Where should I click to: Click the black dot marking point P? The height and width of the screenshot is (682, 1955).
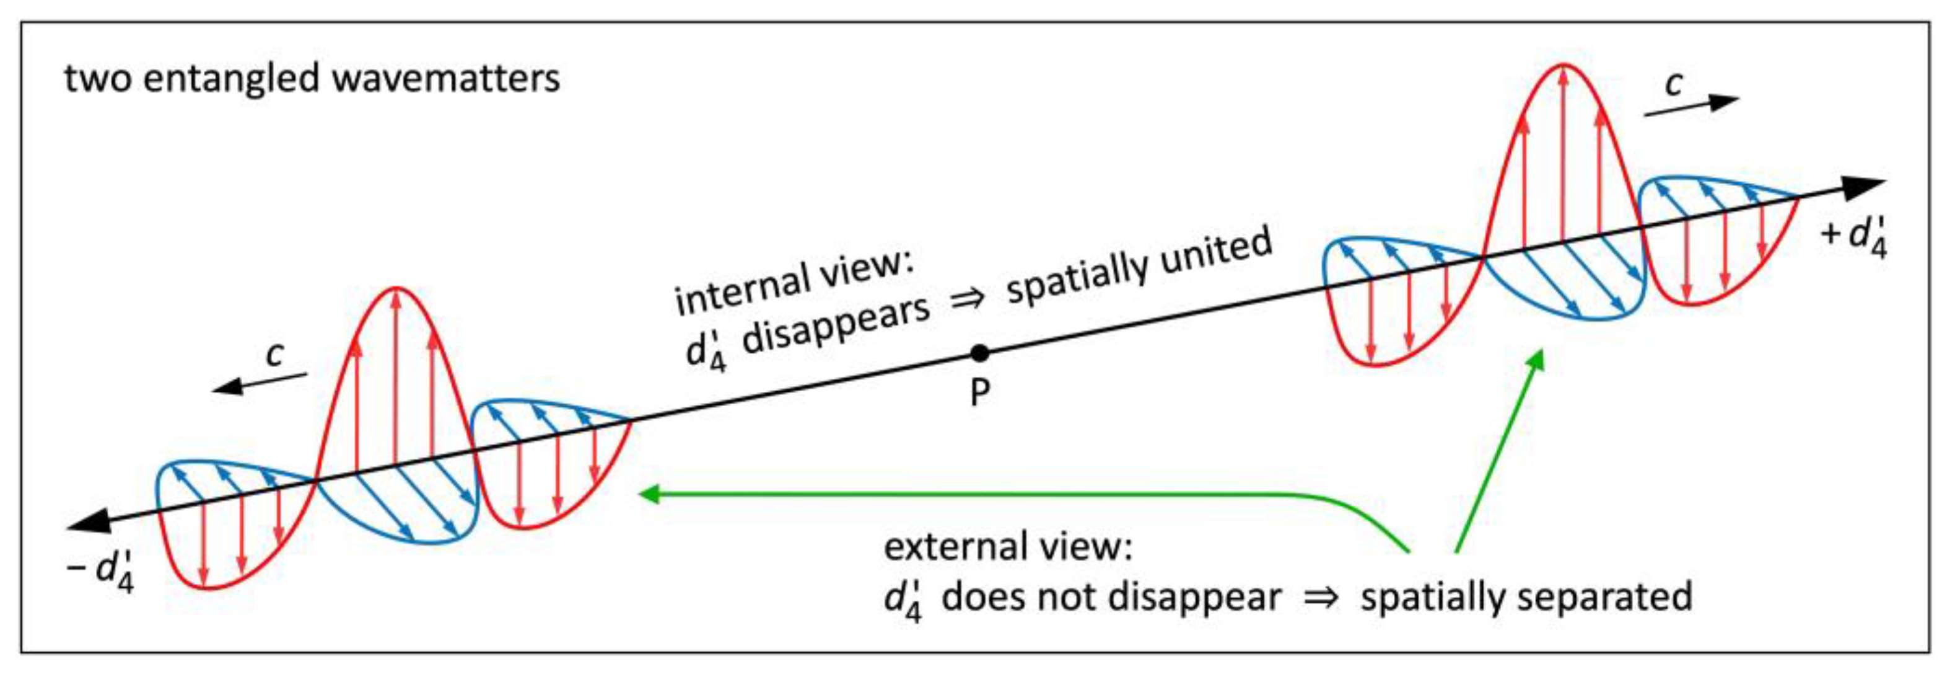(x=980, y=353)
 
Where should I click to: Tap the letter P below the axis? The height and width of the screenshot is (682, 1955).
(x=981, y=392)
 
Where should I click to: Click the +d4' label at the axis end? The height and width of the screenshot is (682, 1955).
(x=1855, y=236)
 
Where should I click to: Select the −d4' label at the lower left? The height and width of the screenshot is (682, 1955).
(x=102, y=570)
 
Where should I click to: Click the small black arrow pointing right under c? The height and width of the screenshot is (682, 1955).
(x=1692, y=105)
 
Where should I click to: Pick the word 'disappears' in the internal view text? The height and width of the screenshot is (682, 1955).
(x=836, y=324)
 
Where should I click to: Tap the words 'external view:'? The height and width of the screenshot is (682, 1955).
(x=1008, y=547)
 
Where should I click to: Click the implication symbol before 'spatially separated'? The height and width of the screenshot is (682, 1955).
(x=1321, y=598)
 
